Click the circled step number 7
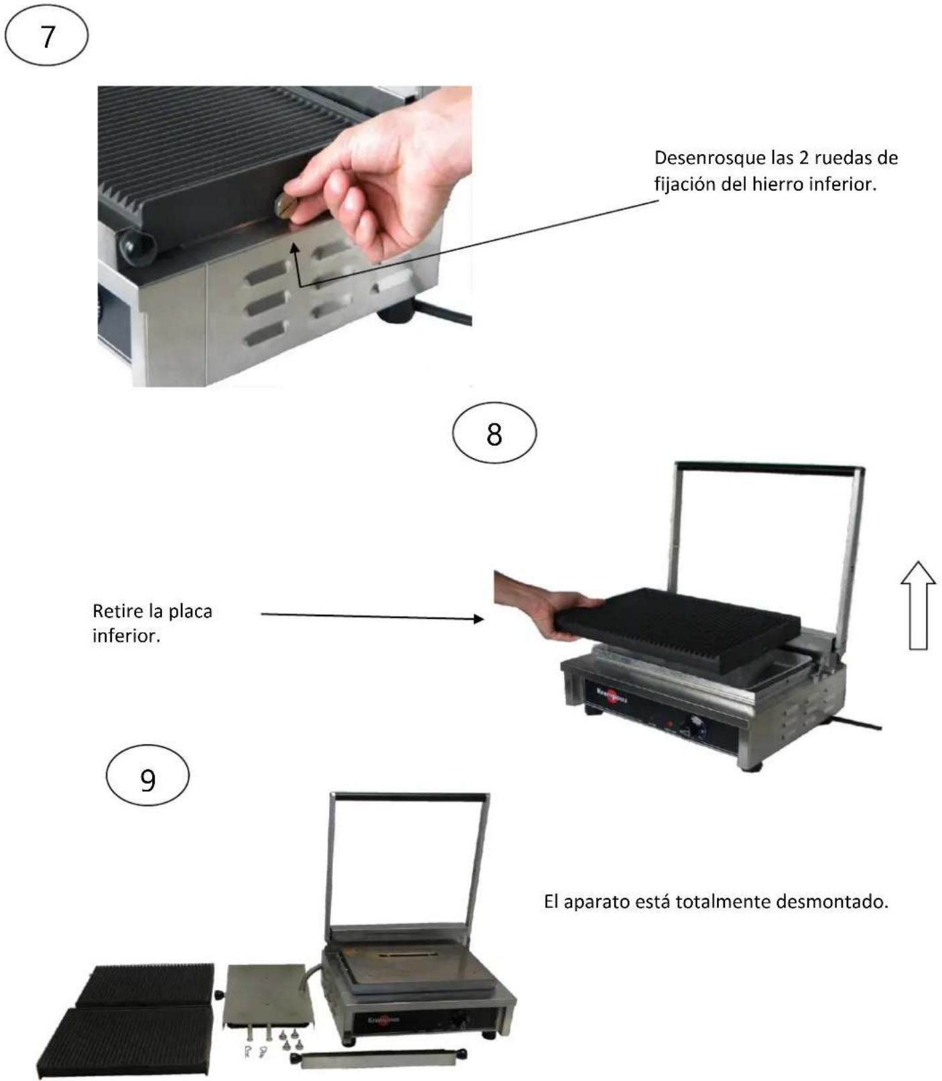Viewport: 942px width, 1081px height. point(46,36)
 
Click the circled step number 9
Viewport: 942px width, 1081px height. point(148,777)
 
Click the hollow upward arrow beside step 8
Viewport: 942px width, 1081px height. point(918,605)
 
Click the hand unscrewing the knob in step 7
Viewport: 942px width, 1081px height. point(375,181)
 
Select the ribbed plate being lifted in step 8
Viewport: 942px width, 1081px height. point(677,628)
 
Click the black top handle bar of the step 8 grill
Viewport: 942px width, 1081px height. point(769,467)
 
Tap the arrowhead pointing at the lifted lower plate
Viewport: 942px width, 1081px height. point(478,619)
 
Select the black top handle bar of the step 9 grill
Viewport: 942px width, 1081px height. point(410,797)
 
